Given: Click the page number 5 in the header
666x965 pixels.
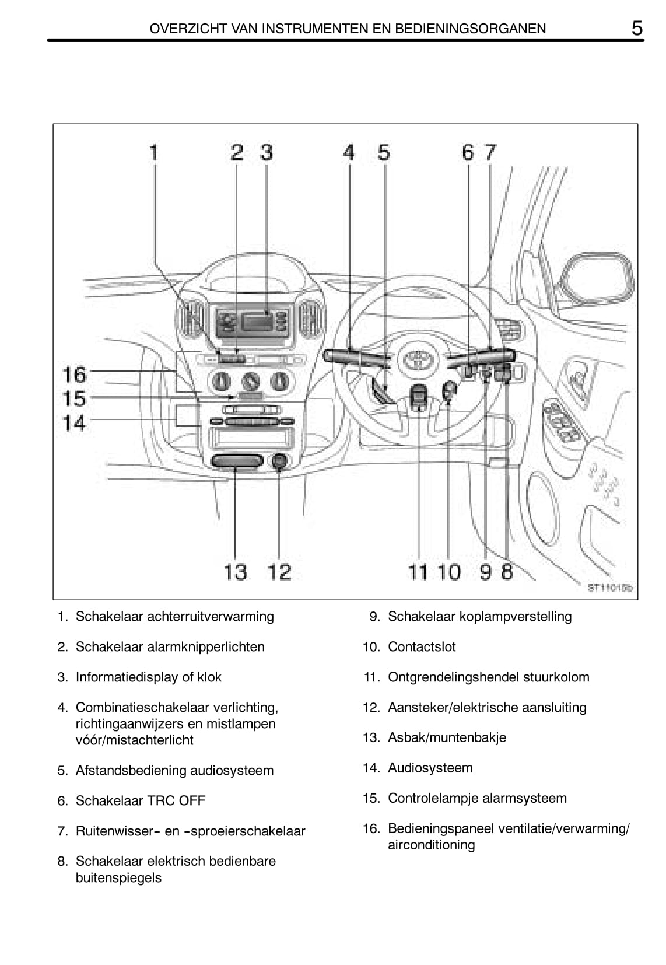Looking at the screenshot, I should point(637,27).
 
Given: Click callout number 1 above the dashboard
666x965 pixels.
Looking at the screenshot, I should point(154,153).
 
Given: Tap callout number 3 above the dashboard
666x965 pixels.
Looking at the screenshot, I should point(266,153).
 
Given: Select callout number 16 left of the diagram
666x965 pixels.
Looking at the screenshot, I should point(75,374).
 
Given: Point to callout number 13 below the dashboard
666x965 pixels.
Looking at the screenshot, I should point(235,572).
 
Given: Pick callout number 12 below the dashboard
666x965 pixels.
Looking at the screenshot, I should point(279,572).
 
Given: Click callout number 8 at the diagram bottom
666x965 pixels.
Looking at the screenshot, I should point(507,572).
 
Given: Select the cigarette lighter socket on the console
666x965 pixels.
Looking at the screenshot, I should point(280,462).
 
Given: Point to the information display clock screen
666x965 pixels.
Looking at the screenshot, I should point(257,321).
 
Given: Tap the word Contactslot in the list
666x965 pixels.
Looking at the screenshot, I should point(422,646).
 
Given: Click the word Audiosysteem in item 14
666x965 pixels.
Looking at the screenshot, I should point(430,768).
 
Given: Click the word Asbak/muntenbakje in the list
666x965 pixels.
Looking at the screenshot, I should point(447,737).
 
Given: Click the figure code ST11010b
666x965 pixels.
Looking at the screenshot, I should point(609,588).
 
